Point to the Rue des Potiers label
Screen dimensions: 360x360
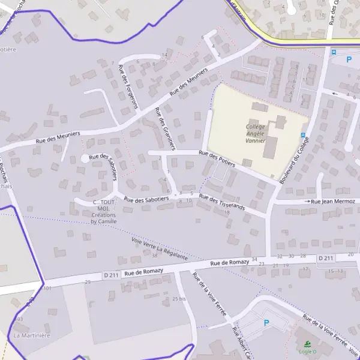coord(217,159)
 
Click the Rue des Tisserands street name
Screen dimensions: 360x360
coord(222,203)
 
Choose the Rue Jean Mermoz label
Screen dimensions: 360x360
coord(333,202)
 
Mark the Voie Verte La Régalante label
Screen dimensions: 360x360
coord(159,248)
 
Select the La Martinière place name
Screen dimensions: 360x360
coord(32,335)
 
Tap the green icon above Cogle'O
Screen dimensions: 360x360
coord(307,344)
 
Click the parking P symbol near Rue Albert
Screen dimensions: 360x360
coord(266,323)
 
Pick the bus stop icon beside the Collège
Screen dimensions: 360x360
coord(303,135)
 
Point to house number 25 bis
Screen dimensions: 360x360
coord(179,298)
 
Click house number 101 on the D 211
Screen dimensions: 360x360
coord(48,289)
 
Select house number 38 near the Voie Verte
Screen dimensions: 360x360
coord(154,256)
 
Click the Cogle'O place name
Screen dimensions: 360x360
coord(307,352)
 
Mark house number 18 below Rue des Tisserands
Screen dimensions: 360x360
coord(227,212)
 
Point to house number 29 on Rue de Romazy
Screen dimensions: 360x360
coord(88,281)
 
